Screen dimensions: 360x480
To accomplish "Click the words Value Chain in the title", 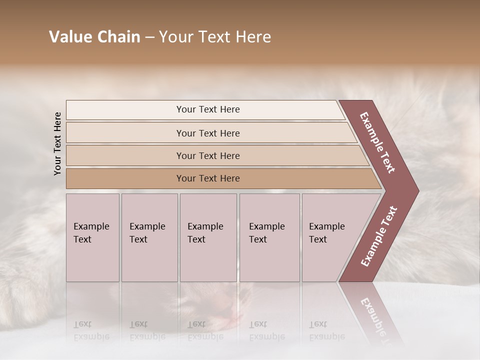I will click(x=94, y=37).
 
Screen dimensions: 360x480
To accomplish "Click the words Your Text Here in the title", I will click(x=215, y=37).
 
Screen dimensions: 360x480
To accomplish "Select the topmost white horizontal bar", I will click(x=205, y=109).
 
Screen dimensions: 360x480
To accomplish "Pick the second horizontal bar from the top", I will click(x=208, y=133).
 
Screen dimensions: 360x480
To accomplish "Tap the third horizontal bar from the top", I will click(x=208, y=155).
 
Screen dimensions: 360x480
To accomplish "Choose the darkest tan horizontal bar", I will click(x=208, y=178).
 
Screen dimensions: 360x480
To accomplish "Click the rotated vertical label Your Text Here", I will click(x=57, y=143).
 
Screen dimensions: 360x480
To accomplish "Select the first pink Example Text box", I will click(x=92, y=237).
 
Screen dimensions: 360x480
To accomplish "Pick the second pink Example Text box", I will click(x=149, y=237).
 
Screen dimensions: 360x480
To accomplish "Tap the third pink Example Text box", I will click(x=208, y=237).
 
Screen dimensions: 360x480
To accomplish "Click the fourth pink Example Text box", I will click(x=269, y=237).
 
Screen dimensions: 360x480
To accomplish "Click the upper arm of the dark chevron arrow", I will click(x=378, y=142).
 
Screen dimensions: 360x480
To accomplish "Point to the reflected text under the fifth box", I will click(x=326, y=330).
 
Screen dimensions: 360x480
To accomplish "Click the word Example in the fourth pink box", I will click(x=266, y=226).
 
